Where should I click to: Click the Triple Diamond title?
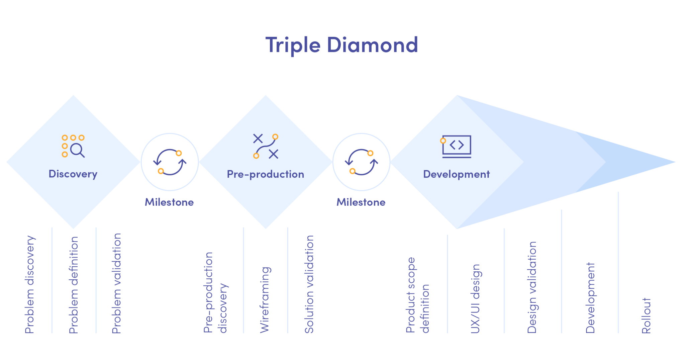(x=341, y=45)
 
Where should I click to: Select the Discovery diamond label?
(x=73, y=174)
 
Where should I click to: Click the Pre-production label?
(x=265, y=174)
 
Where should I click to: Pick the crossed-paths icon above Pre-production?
(x=266, y=146)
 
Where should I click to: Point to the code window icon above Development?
(x=456, y=146)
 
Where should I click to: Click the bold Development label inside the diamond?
(x=456, y=174)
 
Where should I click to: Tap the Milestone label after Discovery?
(x=169, y=202)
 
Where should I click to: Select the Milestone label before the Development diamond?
(x=361, y=202)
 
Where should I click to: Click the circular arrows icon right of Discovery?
(x=170, y=162)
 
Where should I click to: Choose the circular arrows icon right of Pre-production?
(x=361, y=162)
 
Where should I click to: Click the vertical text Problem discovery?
(x=30, y=284)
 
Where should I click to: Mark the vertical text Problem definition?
(x=74, y=285)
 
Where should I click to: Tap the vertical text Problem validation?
(x=116, y=283)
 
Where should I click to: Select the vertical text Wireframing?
(x=265, y=299)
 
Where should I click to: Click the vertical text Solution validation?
(x=309, y=284)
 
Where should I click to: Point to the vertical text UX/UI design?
(x=475, y=299)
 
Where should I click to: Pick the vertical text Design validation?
(x=532, y=287)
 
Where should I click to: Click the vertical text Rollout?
(x=646, y=316)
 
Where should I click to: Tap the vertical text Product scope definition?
(x=417, y=295)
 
